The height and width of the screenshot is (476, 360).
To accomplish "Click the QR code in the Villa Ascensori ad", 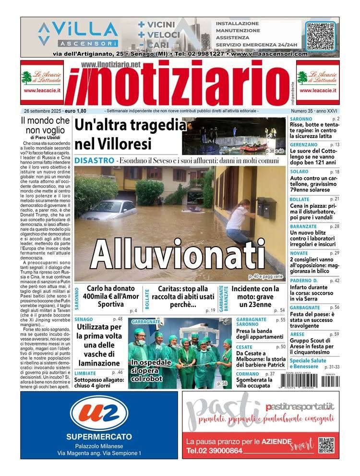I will (x=321, y=36).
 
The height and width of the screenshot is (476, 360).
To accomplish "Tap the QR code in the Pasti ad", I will (x=326, y=445).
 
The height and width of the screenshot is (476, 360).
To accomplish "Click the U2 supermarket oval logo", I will (x=99, y=413).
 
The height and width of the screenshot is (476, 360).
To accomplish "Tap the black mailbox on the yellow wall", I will (x=266, y=208).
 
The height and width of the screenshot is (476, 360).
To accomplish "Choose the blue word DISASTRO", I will (x=95, y=160).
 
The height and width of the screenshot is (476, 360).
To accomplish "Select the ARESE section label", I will (x=297, y=334).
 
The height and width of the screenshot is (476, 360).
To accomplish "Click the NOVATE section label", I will (x=299, y=253).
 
